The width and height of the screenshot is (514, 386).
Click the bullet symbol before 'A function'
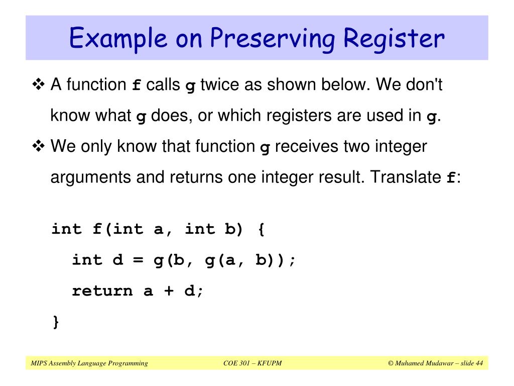(38, 84)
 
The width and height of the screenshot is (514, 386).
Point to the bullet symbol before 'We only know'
(38, 147)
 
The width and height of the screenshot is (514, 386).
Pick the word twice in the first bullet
(220, 84)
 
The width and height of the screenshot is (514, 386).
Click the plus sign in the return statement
(169, 291)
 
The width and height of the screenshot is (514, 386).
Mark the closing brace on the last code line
(56, 322)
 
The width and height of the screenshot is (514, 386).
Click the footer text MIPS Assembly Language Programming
(89, 363)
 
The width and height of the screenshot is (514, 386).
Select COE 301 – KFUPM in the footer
(252, 363)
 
